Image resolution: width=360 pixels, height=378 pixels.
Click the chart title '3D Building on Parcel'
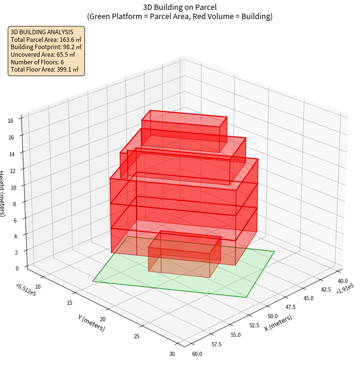point(180,7)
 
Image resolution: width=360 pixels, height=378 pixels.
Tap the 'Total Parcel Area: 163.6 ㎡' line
point(46,39)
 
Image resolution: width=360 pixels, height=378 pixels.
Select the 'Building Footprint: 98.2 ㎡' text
point(46,47)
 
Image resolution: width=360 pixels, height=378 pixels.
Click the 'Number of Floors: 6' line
point(37,62)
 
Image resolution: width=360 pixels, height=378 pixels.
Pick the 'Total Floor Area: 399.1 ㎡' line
point(45,69)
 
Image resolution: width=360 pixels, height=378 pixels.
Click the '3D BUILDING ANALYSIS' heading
point(42,32)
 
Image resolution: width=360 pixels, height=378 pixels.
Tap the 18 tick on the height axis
point(10,121)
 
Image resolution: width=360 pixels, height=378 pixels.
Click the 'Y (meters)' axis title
point(92,322)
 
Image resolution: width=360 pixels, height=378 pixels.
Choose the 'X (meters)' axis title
point(278,323)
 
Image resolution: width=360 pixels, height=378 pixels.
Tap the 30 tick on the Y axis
point(172,354)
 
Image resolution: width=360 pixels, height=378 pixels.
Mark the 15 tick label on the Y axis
point(69,303)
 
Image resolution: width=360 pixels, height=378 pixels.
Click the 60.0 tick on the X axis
point(197,354)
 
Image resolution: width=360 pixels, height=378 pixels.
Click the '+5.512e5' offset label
point(26,290)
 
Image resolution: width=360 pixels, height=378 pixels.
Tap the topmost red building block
point(185,131)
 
